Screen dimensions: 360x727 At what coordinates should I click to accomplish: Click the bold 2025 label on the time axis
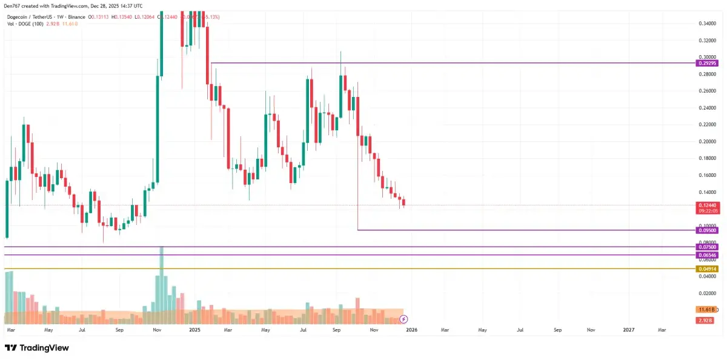tap(194, 330)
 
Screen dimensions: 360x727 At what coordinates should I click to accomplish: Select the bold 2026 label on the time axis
tap(411, 330)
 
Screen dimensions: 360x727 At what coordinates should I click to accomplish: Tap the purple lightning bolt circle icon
tap(404, 319)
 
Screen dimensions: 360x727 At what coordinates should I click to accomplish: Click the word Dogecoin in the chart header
tap(19, 17)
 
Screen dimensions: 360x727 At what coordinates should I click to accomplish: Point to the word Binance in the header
tap(76, 17)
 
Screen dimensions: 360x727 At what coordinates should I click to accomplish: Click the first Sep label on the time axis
tap(119, 330)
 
